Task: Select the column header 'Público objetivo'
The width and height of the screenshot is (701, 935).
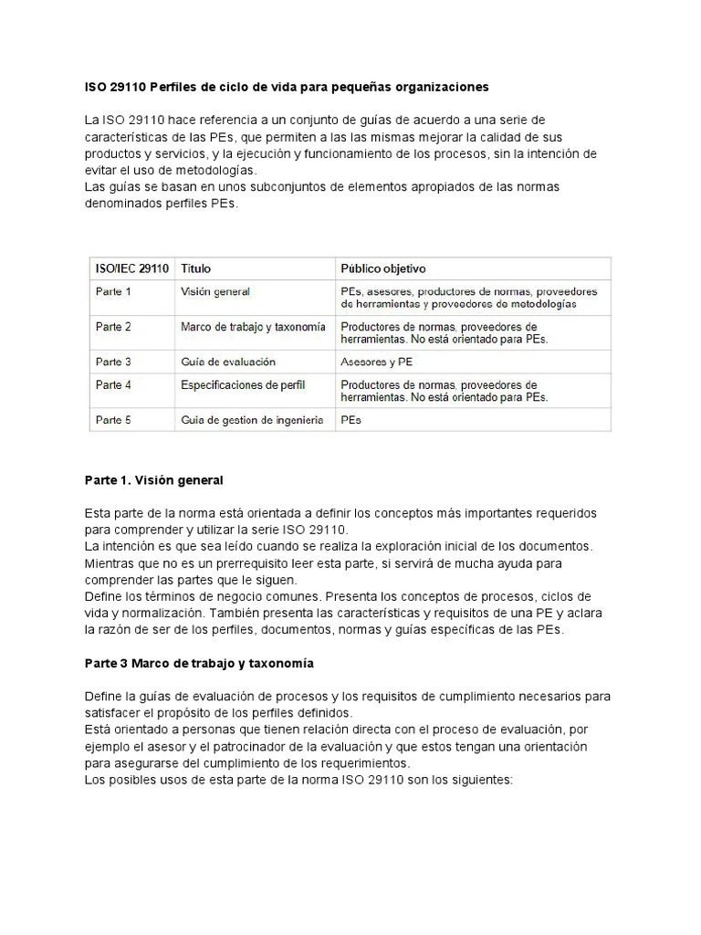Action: tap(382, 268)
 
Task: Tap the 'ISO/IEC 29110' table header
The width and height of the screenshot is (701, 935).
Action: tap(131, 268)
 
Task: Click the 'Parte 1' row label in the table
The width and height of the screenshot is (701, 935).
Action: tap(113, 292)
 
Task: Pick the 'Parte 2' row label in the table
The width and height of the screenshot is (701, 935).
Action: tap(113, 326)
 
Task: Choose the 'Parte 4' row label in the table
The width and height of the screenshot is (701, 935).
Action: tap(113, 385)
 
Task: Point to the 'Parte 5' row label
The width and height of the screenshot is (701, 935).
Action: tap(113, 421)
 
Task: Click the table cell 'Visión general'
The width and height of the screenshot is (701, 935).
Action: tap(215, 292)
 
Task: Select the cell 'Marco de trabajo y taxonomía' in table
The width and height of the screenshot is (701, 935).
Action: tap(253, 326)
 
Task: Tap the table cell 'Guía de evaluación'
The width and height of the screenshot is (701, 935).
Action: tap(228, 362)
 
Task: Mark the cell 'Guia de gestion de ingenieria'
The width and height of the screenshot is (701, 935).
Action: tap(252, 421)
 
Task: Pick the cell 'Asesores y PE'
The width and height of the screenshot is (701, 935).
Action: tap(376, 362)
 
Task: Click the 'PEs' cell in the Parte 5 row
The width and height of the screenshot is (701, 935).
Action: tap(351, 421)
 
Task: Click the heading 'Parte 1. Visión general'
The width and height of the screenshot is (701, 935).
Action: tap(153, 479)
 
